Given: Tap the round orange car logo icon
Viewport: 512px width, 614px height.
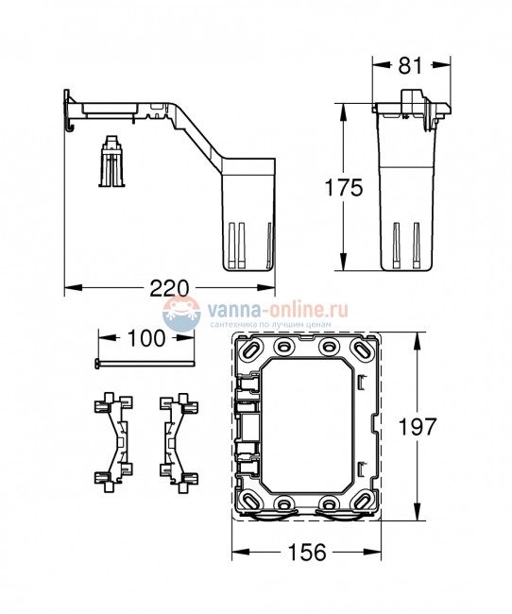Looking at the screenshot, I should (x=179, y=316).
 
